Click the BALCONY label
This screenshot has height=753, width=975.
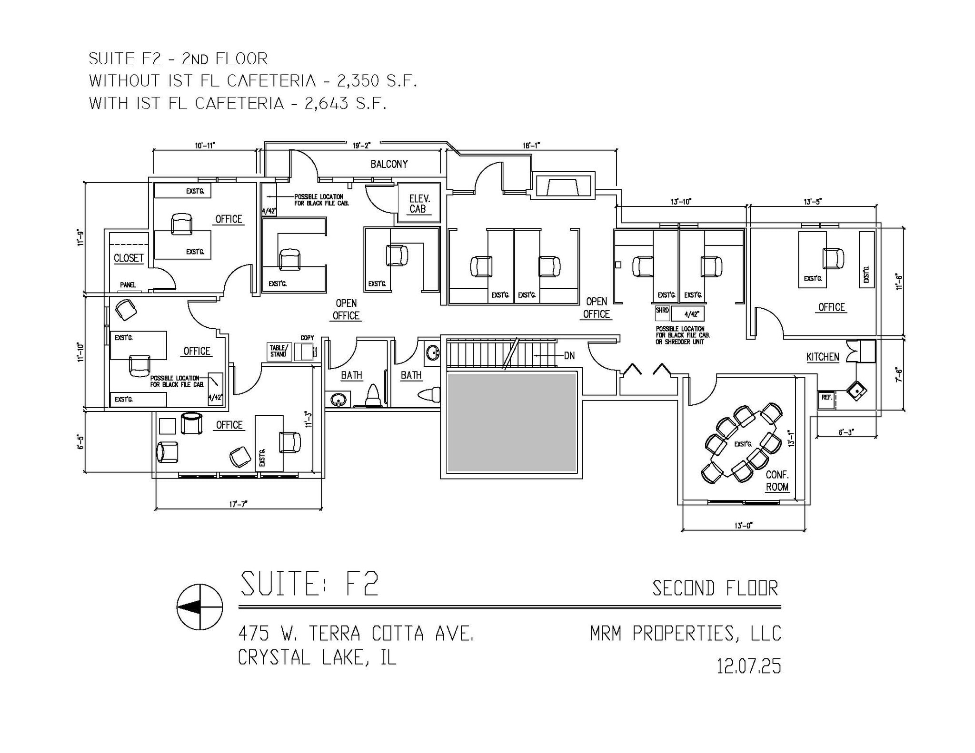389,164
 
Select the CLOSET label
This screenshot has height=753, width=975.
129,258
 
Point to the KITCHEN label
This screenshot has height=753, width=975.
823,357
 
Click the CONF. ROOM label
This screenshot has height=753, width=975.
777,481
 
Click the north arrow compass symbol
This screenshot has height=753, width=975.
199,607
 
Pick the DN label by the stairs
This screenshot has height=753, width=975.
569,355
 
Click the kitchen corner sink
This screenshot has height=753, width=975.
856,391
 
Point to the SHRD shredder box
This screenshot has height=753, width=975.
663,313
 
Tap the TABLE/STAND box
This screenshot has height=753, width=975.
279,352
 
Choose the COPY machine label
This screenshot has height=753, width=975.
307,338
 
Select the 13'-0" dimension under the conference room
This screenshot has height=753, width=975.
744,525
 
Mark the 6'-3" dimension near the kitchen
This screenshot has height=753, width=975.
846,432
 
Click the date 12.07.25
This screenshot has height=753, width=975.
749,666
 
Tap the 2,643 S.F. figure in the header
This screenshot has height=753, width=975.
345,103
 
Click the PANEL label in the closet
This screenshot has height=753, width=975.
128,285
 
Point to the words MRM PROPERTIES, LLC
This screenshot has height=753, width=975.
686,634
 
